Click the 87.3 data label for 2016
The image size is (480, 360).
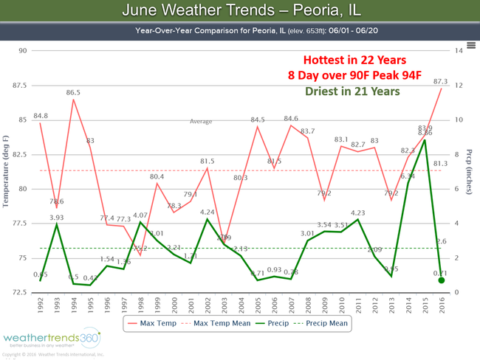tap(440, 81)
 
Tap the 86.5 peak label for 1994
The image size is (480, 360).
tap(73, 93)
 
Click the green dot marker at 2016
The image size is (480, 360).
tap(442, 280)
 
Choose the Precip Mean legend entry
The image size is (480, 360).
tap(322, 322)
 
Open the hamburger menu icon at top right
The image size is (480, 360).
tap(470, 45)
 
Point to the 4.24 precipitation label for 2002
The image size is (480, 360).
tap(208, 213)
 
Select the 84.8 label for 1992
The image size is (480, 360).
tap(41, 115)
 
